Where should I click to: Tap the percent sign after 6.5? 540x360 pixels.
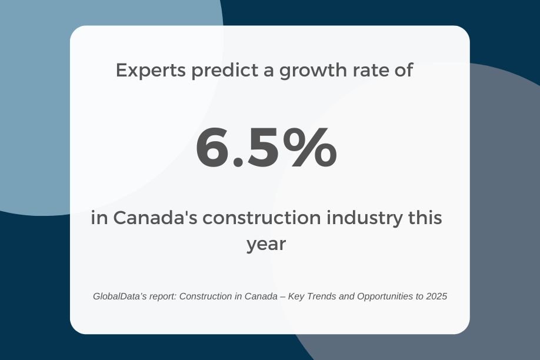click(312, 147)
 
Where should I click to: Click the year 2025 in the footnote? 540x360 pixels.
click(436, 296)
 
